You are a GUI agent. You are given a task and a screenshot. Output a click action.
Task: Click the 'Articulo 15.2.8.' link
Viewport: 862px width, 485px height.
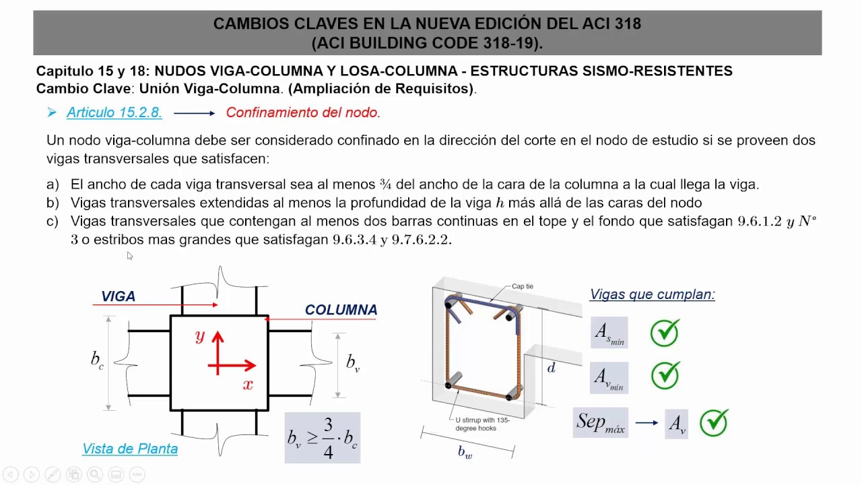click(114, 113)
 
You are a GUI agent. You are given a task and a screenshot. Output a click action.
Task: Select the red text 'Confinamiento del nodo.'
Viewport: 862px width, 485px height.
click(303, 113)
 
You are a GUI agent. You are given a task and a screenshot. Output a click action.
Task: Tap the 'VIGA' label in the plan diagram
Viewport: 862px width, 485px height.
click(119, 296)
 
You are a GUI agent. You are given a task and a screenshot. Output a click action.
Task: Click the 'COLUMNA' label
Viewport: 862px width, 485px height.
click(341, 310)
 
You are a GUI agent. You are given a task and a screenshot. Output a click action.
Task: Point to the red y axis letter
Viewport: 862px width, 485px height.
click(200, 336)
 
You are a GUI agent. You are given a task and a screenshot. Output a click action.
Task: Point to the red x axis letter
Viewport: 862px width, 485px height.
click(248, 385)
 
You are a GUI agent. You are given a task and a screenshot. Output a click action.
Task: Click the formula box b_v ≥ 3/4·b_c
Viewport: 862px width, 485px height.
click(323, 437)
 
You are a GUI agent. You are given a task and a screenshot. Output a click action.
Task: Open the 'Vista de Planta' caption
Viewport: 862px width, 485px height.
click(130, 449)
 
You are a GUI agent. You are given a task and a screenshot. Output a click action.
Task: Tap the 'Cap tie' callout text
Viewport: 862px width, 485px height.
click(523, 286)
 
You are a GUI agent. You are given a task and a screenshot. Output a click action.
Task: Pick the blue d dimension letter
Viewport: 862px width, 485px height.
click(552, 368)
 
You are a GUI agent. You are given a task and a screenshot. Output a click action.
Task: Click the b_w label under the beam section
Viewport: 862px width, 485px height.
click(465, 453)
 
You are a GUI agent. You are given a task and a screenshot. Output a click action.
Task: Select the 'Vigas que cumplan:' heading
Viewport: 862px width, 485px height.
click(653, 294)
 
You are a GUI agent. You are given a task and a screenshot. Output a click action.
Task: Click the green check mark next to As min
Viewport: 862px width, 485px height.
click(665, 333)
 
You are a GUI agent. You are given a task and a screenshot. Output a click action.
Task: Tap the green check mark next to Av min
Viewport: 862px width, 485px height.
click(665, 376)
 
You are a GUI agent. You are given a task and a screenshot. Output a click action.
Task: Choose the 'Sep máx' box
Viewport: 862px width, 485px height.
click(601, 422)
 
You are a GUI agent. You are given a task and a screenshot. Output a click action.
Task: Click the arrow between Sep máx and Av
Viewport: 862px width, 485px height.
click(646, 423)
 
